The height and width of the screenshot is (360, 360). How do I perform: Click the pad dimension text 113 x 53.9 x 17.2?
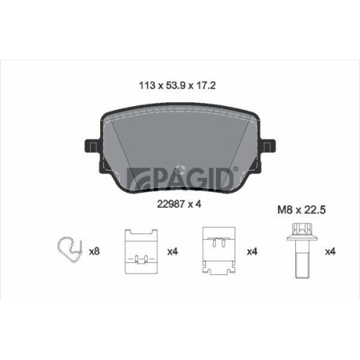point(177,86)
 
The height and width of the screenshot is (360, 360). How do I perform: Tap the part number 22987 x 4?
point(179,204)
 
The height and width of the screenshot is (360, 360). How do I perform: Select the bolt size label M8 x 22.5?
point(302,210)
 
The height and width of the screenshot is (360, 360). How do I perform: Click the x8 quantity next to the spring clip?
point(94,252)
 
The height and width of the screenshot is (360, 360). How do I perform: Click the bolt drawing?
point(302,251)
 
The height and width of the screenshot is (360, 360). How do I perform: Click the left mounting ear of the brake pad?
point(92,146)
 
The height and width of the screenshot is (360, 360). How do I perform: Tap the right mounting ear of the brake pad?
point(268,146)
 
